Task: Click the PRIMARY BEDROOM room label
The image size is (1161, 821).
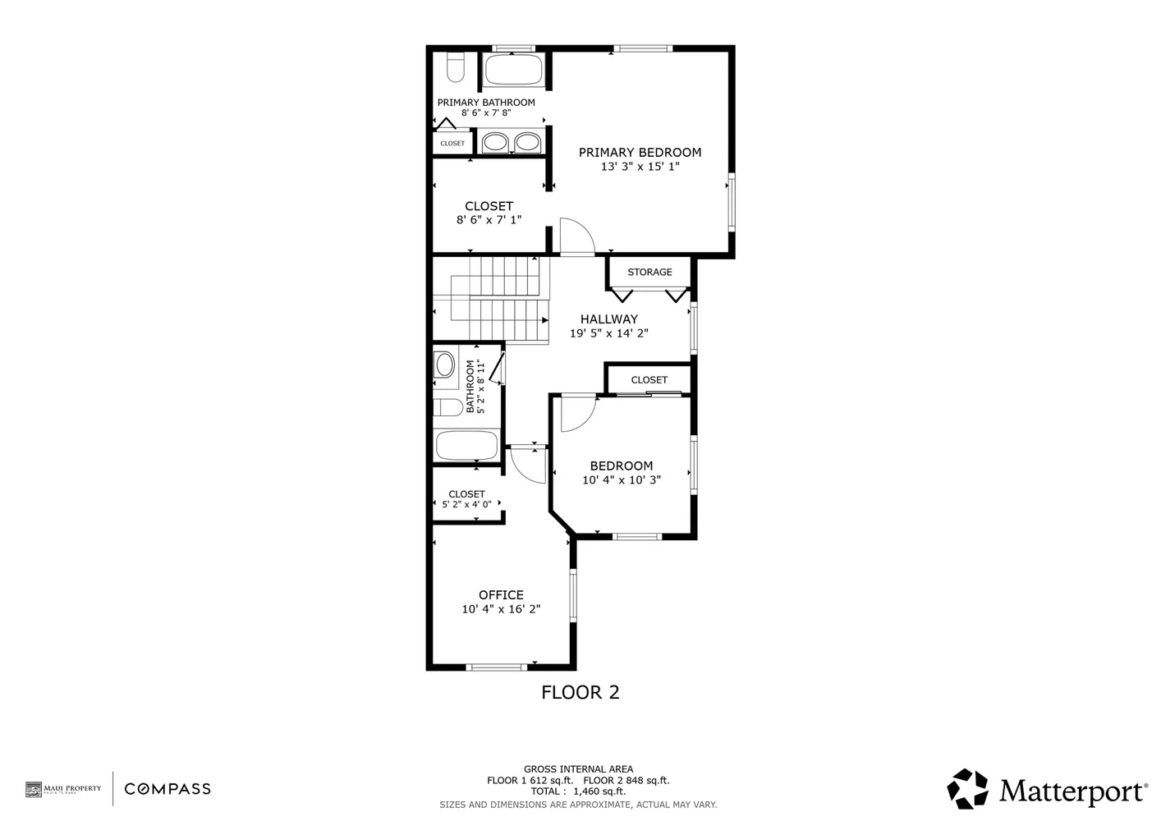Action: pos(640,152)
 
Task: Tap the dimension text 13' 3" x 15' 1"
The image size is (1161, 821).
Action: pos(640,167)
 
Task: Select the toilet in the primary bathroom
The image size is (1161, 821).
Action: pos(456,67)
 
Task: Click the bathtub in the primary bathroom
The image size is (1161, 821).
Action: pos(513,70)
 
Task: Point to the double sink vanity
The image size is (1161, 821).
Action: pos(510,143)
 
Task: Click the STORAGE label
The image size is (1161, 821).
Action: pos(649,272)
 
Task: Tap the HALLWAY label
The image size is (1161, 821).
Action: pos(608,319)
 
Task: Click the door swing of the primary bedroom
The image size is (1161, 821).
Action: pos(576,237)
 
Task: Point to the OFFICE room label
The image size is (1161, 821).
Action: pos(501,595)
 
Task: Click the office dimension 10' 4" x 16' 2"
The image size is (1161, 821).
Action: pos(501,609)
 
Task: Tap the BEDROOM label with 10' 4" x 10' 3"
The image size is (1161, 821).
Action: pos(621,466)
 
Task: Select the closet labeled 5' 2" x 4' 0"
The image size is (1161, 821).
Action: pos(466,499)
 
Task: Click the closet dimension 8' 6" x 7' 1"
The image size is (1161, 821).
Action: pos(489,220)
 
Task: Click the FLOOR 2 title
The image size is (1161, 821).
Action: pos(580,692)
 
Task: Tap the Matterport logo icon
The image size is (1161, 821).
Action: pos(968,789)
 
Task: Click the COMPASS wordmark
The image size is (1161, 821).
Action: pos(167,789)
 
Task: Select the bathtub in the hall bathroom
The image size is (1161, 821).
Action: pos(466,446)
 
